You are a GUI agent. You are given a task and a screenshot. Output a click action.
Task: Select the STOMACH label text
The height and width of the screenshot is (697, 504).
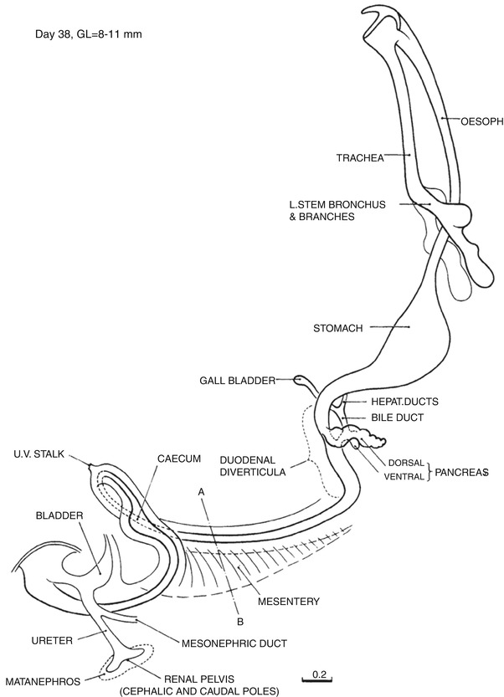click(338, 329)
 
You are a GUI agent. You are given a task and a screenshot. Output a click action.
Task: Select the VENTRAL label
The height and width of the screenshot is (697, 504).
click(405, 478)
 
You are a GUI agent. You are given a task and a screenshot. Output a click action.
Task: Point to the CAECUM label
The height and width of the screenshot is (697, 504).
click(178, 459)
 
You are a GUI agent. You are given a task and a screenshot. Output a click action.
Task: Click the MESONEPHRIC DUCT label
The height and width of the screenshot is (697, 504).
click(234, 643)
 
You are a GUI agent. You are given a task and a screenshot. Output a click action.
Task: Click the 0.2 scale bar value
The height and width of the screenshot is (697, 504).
click(318, 674)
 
